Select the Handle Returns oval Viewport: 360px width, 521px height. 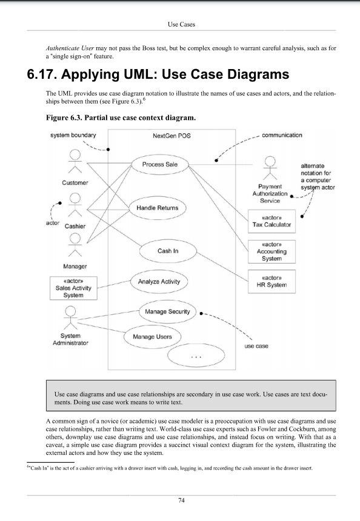[160, 208]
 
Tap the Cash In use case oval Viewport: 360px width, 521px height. [168, 250]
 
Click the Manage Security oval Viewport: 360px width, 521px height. [167, 312]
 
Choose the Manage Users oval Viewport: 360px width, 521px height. [156, 336]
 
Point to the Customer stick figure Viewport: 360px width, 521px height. [75, 162]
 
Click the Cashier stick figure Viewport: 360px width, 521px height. [75, 206]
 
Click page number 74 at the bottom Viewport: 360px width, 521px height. [181, 500]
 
